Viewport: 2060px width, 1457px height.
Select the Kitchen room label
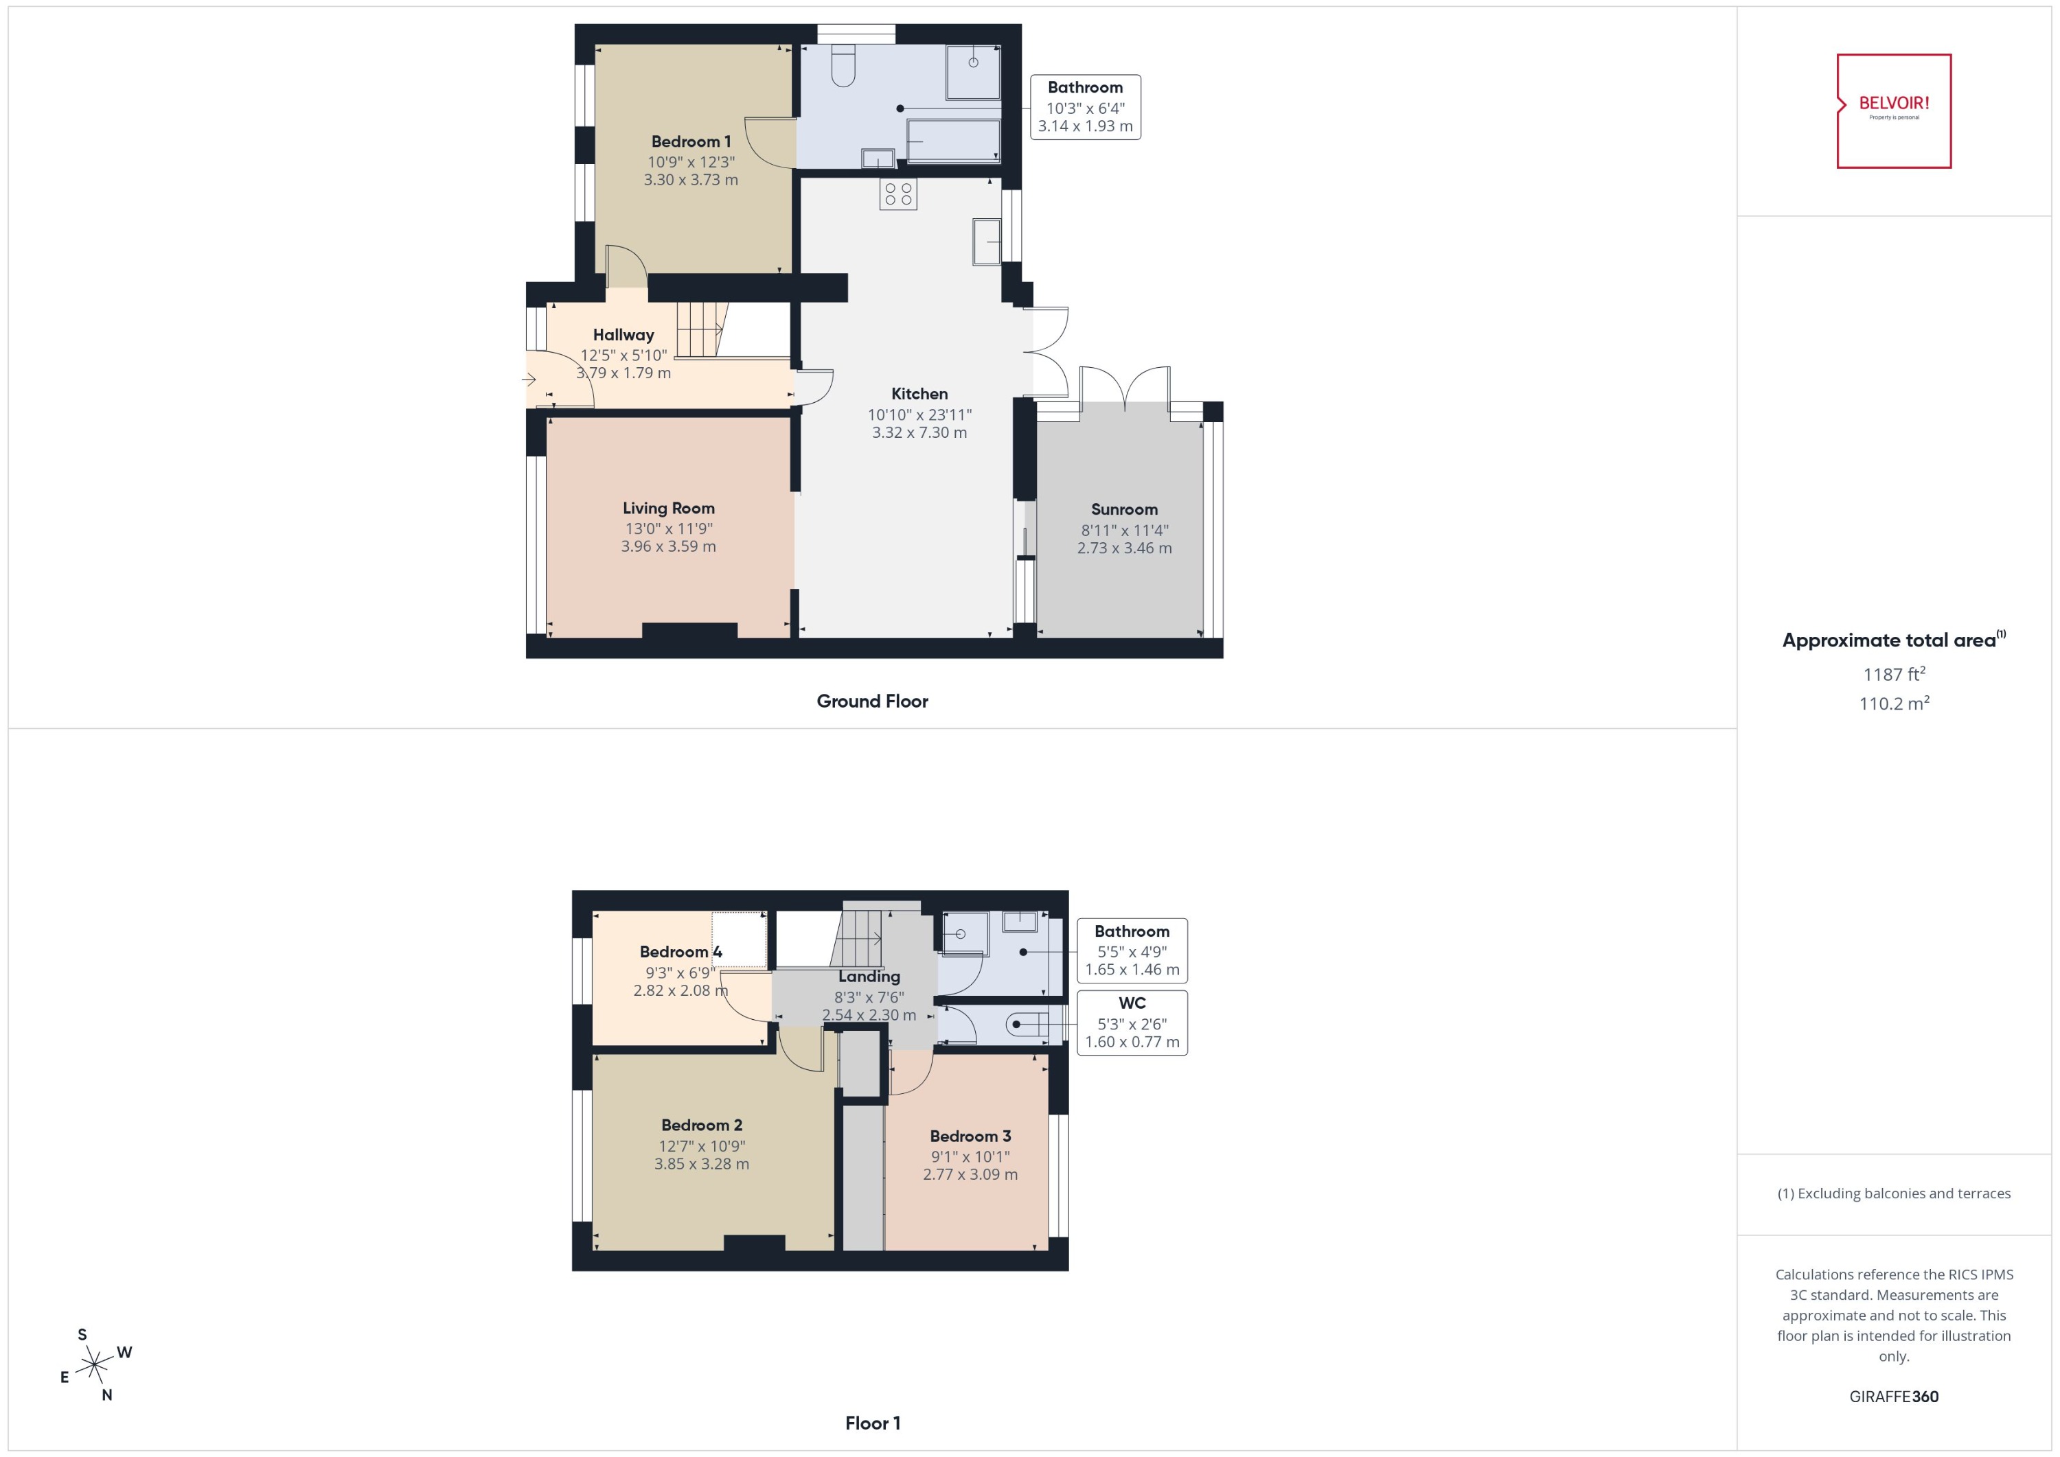(919, 394)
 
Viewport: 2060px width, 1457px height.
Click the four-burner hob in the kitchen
(897, 194)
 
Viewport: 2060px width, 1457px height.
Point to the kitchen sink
(987, 242)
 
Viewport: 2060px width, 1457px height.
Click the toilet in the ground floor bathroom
(843, 67)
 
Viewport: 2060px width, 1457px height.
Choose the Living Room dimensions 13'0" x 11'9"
(669, 529)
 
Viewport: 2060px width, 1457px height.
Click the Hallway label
(623, 336)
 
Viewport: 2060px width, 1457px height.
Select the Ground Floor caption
(871, 701)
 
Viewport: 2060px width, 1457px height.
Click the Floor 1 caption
(871, 1423)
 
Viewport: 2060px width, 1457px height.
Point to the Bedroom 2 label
(701, 1125)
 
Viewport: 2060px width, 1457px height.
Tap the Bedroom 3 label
(970, 1136)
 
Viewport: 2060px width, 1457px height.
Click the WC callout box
(1131, 1023)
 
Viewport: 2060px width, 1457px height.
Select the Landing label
(868, 976)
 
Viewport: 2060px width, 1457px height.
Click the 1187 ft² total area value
(1893, 675)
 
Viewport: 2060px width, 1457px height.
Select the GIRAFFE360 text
(1893, 1397)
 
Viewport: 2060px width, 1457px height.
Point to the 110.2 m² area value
(1893, 704)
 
